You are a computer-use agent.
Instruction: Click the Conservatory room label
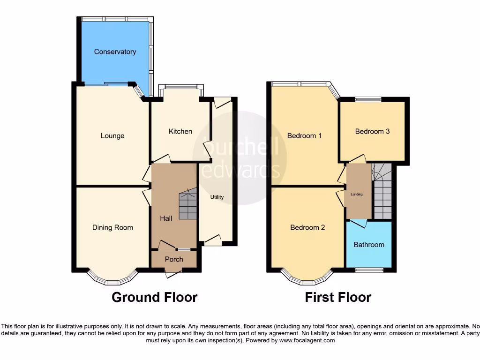(x=115, y=52)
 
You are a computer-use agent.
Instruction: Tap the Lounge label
(x=112, y=136)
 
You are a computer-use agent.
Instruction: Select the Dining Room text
(x=112, y=227)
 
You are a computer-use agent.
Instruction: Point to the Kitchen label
(x=180, y=131)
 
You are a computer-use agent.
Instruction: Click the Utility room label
(x=217, y=197)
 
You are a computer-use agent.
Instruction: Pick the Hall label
(x=166, y=218)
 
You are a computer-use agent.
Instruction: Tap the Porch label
(x=174, y=259)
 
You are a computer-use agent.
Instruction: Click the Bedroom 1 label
(x=304, y=136)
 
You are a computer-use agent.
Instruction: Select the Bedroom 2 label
(x=307, y=227)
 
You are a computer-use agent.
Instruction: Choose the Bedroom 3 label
(x=372, y=131)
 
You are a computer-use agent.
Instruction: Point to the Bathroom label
(x=369, y=244)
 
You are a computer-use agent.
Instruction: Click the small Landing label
(x=357, y=194)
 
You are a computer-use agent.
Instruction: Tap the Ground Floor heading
(x=154, y=297)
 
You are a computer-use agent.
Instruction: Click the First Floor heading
(x=338, y=297)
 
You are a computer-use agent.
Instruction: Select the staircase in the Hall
(x=187, y=205)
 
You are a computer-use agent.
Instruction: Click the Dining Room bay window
(x=112, y=280)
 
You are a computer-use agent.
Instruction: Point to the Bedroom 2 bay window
(x=307, y=280)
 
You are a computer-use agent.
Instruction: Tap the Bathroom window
(x=368, y=270)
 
